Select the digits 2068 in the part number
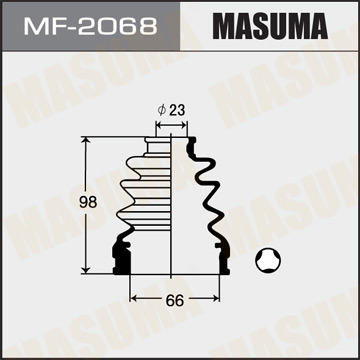coord(110,22)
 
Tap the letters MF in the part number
coord(52,22)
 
